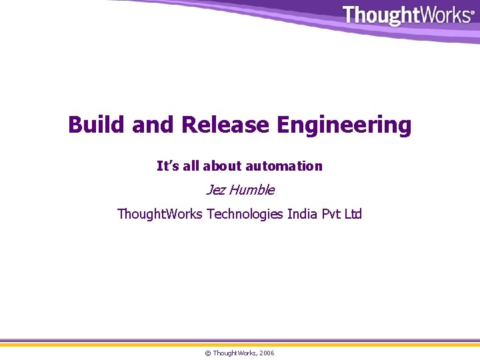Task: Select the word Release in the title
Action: pos(225,125)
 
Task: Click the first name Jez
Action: pos(215,190)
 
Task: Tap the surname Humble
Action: pos(251,190)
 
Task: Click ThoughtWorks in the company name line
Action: pos(160,214)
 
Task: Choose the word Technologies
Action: pos(245,214)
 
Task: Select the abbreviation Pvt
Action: pos(333,214)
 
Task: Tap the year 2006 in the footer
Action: pos(266,353)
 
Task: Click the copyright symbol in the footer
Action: pos(207,353)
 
